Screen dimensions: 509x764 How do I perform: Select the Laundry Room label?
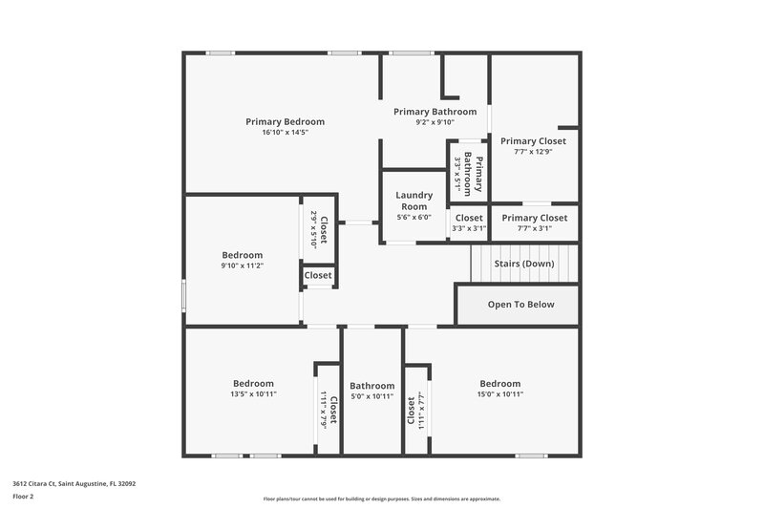coord(414,201)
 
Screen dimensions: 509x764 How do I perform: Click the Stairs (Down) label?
coord(523,263)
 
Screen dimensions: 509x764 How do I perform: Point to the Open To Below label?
coord(520,305)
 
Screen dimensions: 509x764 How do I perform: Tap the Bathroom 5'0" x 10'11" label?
coord(371,386)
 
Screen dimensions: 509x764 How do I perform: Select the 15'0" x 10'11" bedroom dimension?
coord(500,394)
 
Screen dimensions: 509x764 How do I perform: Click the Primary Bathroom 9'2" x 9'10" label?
coord(435,112)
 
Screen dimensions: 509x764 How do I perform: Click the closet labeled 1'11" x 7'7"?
coord(415,410)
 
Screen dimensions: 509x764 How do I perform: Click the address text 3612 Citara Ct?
coord(74,484)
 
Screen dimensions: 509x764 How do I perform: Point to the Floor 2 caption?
coord(24,497)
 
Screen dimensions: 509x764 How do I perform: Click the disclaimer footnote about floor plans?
coord(381,498)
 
